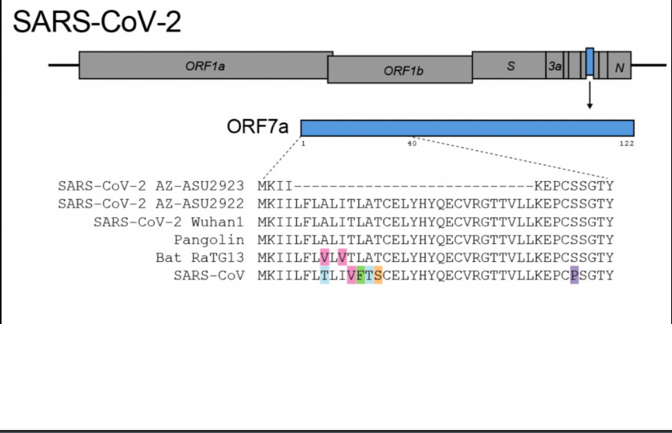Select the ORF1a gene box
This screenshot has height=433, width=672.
pos(205,65)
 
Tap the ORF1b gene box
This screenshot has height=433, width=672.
pos(400,70)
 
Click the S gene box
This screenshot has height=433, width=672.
pos(509,65)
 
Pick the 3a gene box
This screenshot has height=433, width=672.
pos(554,66)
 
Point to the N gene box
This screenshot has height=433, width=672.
pos(620,66)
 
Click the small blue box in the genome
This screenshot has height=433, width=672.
pos(590,62)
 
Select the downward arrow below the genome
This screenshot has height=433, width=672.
pos(590,96)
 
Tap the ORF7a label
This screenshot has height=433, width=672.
pos(258,126)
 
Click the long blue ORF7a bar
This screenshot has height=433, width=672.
pos(467,127)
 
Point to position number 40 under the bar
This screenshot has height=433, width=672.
pos(411,144)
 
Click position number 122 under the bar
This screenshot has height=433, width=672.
pos(627,144)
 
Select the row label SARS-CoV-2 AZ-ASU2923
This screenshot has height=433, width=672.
pos(151,186)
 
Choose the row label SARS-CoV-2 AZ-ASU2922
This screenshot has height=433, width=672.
pos(151,203)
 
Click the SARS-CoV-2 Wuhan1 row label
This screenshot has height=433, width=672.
pos(168,222)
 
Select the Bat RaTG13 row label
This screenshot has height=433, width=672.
pos(200,258)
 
